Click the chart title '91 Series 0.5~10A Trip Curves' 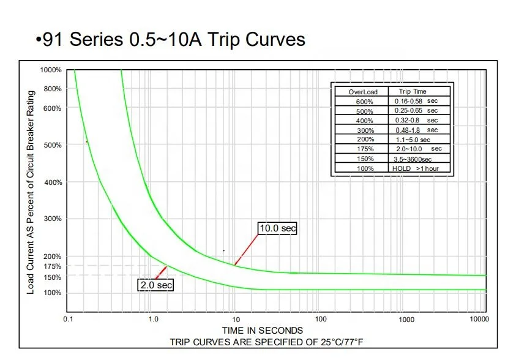170,40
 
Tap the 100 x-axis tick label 321,319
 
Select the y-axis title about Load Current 31,192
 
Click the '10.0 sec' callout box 277,228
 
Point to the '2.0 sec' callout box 155,285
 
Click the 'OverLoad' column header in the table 363,92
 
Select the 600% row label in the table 363,101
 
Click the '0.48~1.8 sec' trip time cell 416,130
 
